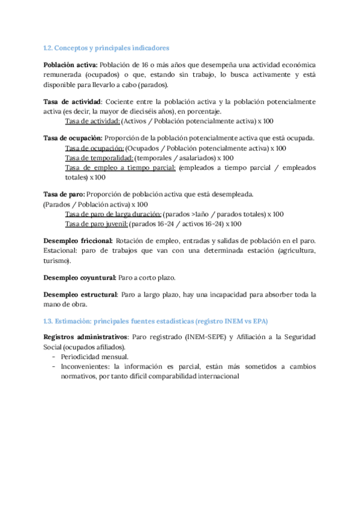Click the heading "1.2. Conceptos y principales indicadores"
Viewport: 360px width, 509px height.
point(107,47)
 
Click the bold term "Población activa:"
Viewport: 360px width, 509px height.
point(71,64)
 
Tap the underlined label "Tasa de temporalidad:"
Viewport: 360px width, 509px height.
point(99,158)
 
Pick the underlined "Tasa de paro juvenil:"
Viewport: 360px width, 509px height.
point(97,224)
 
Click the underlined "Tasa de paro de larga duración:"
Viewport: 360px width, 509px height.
point(113,214)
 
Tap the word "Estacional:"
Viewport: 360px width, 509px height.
point(61,251)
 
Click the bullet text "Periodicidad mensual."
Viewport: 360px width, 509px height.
point(94,357)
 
